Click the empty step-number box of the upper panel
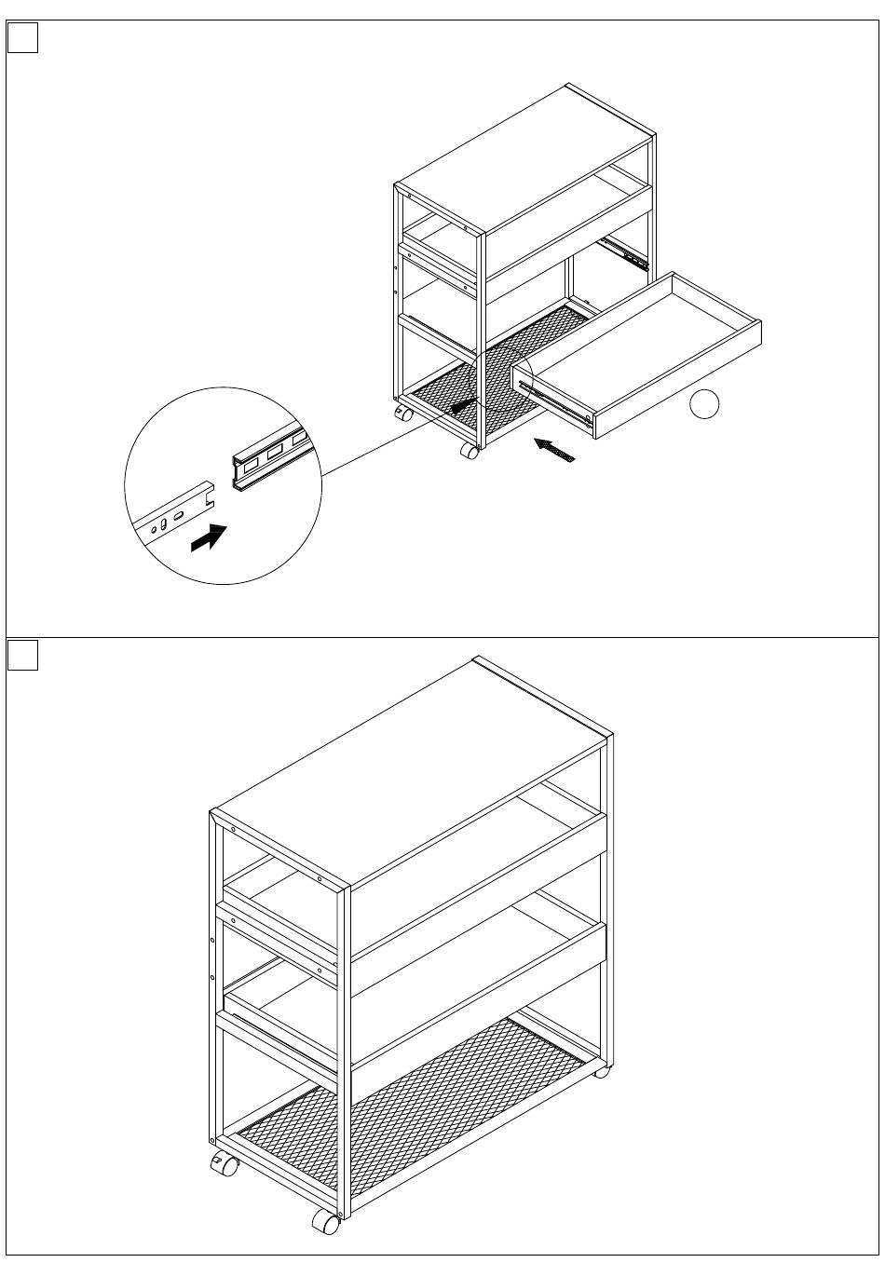pyautogui.click(x=23, y=38)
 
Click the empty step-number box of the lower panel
pyautogui.click(x=23, y=656)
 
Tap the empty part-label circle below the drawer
pyautogui.click(x=705, y=405)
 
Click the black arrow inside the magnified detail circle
pyautogui.click(x=209, y=537)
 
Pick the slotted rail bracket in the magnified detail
pyautogui.click(x=269, y=456)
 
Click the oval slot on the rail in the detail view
pyautogui.click(x=178, y=514)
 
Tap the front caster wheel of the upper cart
pyautogui.click(x=470, y=450)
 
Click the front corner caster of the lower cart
pyautogui.click(x=324, y=1222)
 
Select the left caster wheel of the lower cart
pyautogui.click(x=224, y=1163)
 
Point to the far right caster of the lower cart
pyautogui.click(x=603, y=1071)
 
